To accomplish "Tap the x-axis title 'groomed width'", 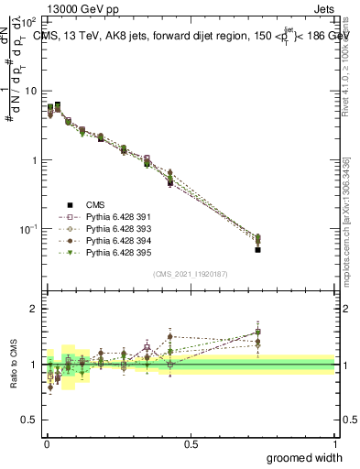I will [x=305, y=457].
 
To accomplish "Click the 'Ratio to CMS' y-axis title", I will [x=14, y=364].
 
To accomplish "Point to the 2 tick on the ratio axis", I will [x=33, y=310].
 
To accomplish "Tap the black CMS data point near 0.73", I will [x=258, y=249].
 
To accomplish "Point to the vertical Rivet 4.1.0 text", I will [x=345, y=73].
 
